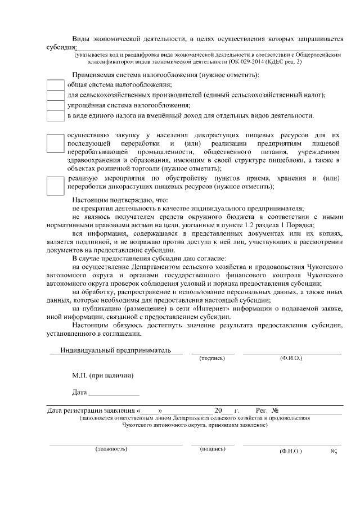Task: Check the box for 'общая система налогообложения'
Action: pyautogui.click(x=55, y=84)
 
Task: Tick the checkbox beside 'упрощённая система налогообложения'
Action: pyautogui.click(x=55, y=105)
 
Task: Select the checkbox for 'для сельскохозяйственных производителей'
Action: pyautogui.click(x=55, y=95)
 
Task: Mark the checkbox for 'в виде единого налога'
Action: pyautogui.click(x=55, y=116)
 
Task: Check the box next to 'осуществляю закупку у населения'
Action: pyautogui.click(x=55, y=144)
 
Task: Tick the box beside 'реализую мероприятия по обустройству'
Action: pyautogui.click(x=55, y=185)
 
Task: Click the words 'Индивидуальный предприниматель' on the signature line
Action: pyautogui.click(x=115, y=350)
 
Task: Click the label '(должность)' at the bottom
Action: pyautogui.click(x=111, y=449)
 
